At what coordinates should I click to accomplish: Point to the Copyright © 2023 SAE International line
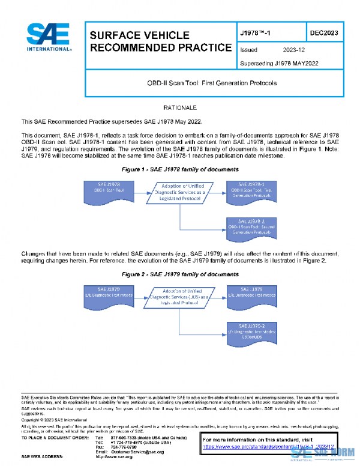(53, 420)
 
